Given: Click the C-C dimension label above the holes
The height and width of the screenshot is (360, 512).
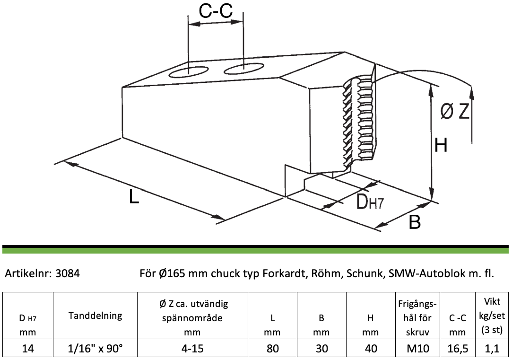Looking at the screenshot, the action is (216, 11).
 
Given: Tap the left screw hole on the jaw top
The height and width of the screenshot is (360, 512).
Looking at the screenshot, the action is (189, 72).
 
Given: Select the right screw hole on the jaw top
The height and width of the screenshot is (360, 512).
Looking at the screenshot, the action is (243, 68).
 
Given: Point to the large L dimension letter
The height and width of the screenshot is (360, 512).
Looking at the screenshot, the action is (134, 197).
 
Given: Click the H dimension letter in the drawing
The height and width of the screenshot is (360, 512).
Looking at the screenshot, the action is (441, 145).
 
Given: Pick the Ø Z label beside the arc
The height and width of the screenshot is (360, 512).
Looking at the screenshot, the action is (454, 111).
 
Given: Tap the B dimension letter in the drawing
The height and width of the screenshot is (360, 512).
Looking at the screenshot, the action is (415, 222).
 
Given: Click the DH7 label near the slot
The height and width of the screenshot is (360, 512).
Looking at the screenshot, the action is (370, 202).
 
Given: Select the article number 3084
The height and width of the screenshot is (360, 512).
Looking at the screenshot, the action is (68, 273).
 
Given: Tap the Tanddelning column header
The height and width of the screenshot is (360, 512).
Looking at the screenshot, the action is (95, 316).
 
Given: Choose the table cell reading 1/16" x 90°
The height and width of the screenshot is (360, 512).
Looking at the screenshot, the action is (95, 349).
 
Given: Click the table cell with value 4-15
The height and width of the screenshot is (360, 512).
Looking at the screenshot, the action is (192, 349).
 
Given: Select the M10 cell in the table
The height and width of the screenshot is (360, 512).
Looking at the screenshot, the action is (417, 349).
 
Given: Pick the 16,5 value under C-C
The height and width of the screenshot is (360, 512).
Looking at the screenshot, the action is (458, 349).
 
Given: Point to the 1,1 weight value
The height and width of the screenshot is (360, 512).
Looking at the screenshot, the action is (492, 349).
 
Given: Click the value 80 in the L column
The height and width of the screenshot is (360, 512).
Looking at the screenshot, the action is (273, 349).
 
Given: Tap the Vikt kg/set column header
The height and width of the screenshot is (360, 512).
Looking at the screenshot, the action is (492, 315).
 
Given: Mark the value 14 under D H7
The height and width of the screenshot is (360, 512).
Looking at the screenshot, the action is (28, 349).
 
